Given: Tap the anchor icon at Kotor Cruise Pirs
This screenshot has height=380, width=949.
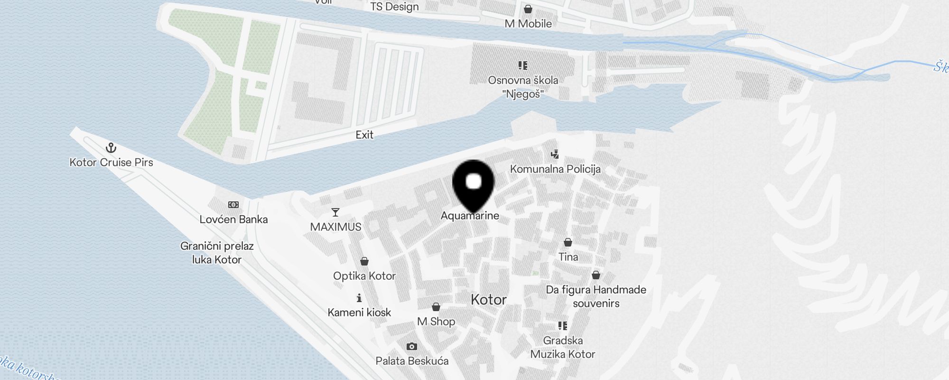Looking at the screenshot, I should [111, 148].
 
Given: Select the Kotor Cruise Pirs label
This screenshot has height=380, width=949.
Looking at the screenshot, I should [111, 162].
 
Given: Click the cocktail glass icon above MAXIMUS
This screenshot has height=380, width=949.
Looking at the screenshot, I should [335, 212].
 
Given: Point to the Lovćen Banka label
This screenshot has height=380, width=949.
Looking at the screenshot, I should [233, 219].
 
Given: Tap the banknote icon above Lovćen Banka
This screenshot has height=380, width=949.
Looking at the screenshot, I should [233, 205].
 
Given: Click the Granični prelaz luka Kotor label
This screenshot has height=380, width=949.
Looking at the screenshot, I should [217, 253].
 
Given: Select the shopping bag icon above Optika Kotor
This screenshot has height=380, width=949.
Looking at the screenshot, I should [364, 261].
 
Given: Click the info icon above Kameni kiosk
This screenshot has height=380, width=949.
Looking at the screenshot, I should [359, 298].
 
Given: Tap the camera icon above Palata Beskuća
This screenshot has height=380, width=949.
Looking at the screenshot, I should [412, 346].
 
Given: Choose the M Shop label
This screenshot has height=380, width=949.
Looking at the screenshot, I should [436, 322].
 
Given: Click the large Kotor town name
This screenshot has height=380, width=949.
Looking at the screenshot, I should [489, 300].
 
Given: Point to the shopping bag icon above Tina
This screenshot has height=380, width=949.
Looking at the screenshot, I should [568, 242].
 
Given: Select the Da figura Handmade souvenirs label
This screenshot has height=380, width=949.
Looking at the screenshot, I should [596, 296].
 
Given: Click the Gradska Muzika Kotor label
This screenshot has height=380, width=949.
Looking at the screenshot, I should [563, 347].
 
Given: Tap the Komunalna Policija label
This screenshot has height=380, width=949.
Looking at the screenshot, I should [555, 169].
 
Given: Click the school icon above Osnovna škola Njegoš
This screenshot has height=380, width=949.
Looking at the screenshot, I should [523, 66].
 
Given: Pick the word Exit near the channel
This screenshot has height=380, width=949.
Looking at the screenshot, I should [364, 135].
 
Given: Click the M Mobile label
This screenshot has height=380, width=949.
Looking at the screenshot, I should [528, 24].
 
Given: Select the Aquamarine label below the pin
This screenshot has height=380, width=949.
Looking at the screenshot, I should [470, 216].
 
